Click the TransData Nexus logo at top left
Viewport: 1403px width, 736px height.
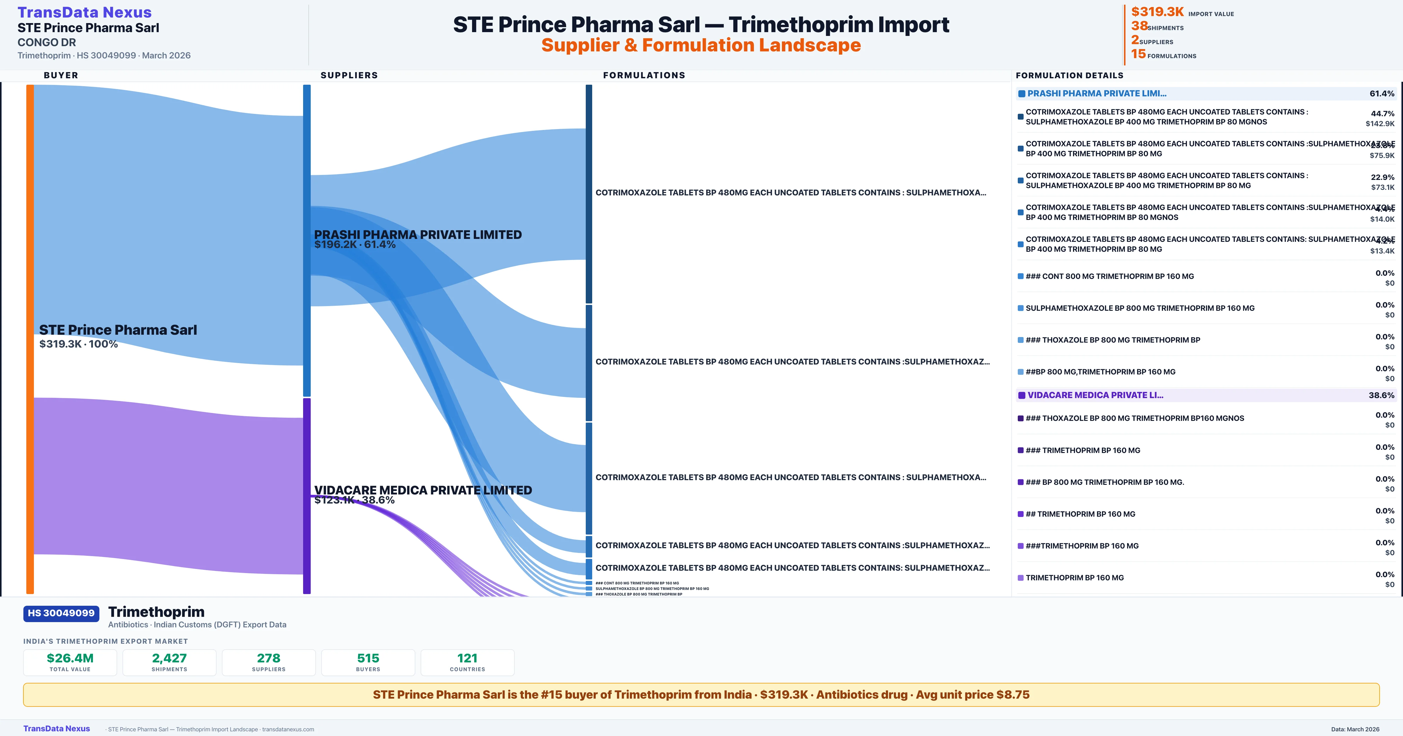tap(84, 12)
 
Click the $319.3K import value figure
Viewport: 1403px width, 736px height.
tap(1157, 11)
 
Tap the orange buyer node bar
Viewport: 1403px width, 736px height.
tap(30, 338)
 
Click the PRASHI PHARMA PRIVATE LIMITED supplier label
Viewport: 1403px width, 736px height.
tap(418, 235)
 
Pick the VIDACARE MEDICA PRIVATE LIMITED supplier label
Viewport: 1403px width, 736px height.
tap(423, 490)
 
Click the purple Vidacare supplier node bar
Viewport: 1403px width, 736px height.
tap(307, 495)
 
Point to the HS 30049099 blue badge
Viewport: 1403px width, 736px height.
tap(61, 613)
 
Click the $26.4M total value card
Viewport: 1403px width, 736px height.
tap(70, 662)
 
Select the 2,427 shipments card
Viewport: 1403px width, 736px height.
tap(170, 662)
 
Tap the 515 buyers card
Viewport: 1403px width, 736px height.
tap(368, 662)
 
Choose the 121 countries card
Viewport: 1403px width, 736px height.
tap(467, 662)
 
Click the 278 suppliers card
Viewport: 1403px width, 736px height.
tap(269, 662)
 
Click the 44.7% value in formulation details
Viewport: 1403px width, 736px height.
tap(1382, 113)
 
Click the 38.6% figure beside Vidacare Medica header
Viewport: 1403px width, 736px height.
tap(1381, 395)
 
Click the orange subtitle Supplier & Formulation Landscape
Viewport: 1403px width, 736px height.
tap(701, 45)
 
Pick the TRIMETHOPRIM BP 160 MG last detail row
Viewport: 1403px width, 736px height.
tap(1074, 578)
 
